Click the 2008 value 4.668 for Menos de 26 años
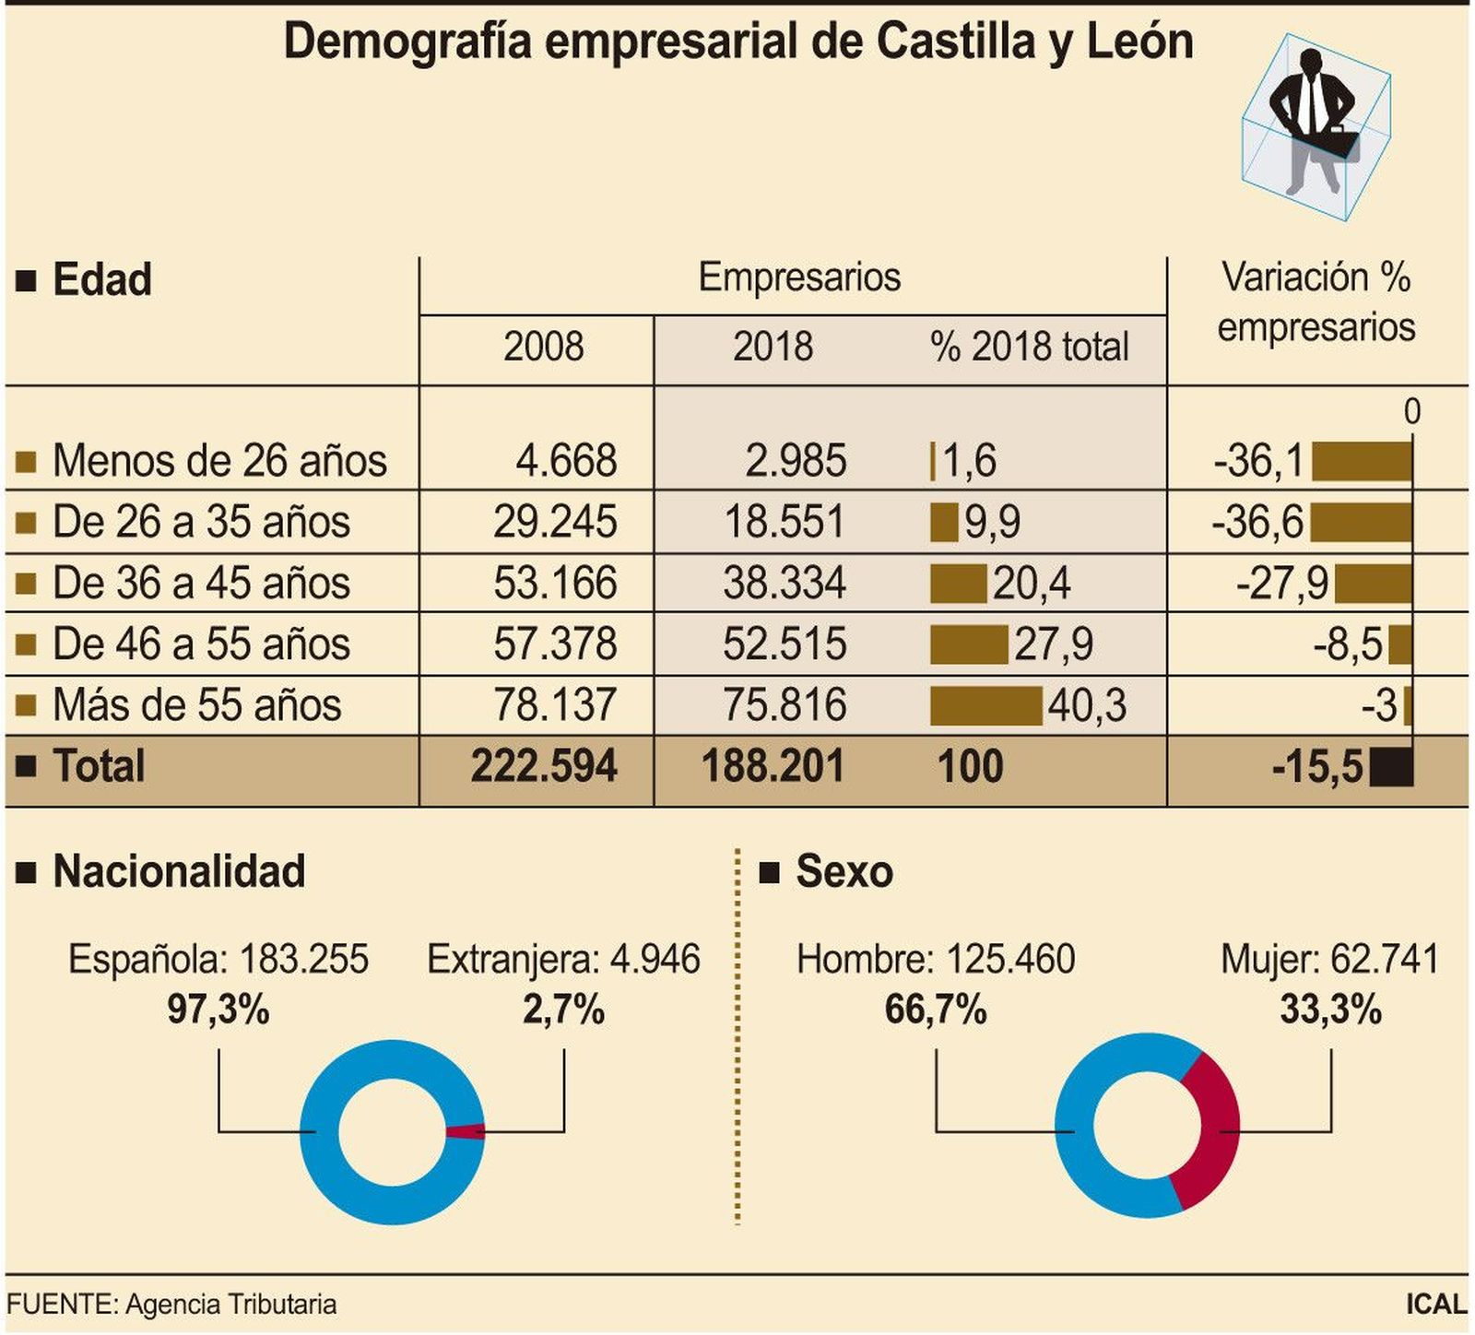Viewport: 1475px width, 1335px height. [x=565, y=460]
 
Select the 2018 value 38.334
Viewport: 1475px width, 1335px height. [x=784, y=583]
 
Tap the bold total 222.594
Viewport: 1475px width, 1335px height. [x=543, y=766]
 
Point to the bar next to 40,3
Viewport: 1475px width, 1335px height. [x=985, y=705]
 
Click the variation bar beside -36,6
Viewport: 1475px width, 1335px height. [x=1361, y=522]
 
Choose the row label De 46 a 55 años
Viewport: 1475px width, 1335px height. [x=201, y=644]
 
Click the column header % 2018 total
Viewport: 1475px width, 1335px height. [x=1029, y=348]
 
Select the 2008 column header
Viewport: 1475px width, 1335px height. [x=543, y=348]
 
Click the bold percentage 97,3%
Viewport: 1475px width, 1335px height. [x=218, y=1010]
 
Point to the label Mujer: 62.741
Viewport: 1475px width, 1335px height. [x=1329, y=959]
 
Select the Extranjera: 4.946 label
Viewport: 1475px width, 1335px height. [x=563, y=959]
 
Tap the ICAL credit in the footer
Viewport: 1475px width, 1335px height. [x=1435, y=1305]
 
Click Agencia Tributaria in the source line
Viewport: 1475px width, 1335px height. [x=230, y=1305]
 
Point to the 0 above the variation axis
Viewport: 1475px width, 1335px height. [x=1411, y=411]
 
